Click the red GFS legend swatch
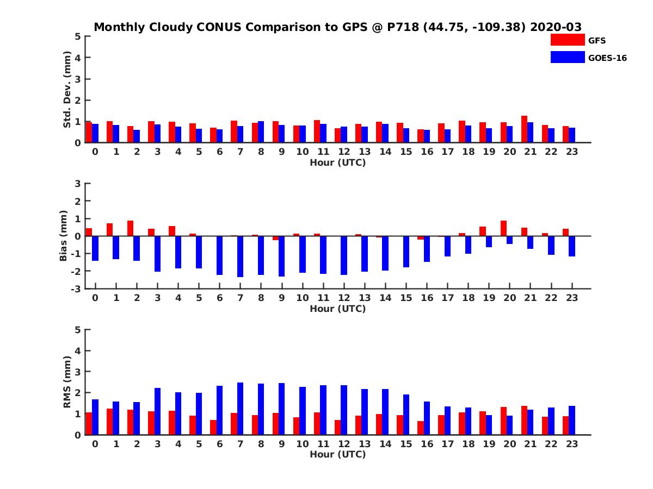point(567,40)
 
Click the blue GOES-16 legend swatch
point(567,57)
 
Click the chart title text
point(337,27)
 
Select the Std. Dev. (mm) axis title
point(67,90)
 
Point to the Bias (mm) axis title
point(64,236)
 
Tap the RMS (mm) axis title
point(67,383)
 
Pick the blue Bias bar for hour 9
point(282,256)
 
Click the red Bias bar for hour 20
point(503,228)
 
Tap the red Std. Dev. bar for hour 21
point(524,129)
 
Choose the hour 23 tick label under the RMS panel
point(571,443)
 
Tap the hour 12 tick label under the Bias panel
point(344,298)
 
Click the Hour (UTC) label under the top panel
point(337,162)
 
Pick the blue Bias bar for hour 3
point(157,254)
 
